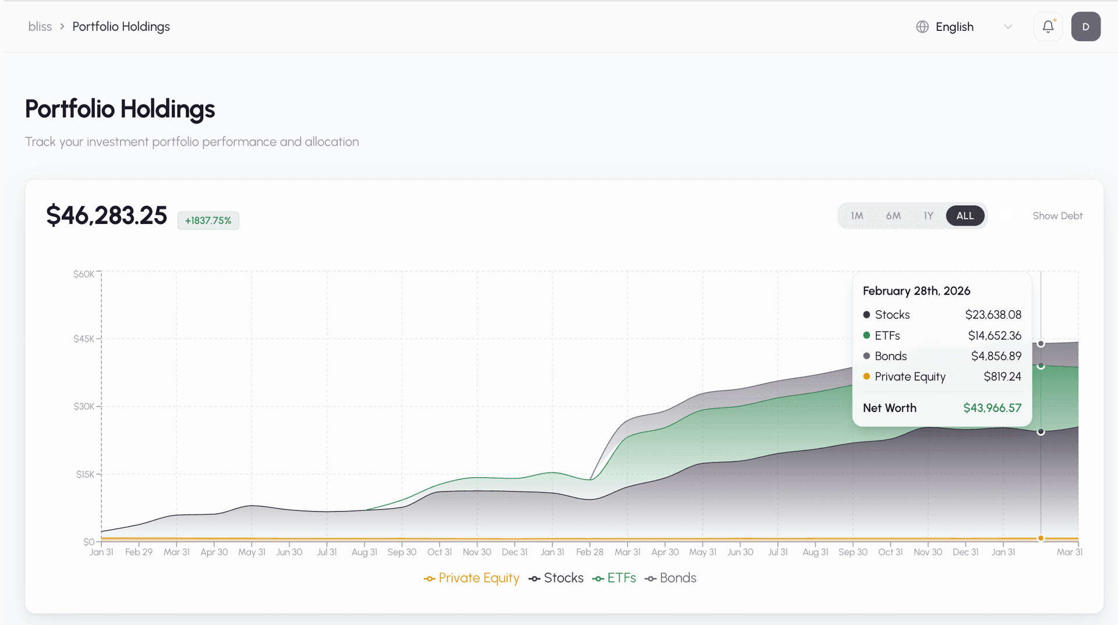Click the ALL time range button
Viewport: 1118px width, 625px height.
(965, 216)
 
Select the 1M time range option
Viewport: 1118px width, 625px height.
(857, 216)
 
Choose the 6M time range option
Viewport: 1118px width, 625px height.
(893, 216)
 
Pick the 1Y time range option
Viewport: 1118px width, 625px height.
(928, 216)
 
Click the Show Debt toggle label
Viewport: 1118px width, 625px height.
(1057, 216)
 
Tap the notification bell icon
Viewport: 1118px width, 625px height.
(1048, 27)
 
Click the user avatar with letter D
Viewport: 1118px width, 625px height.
(1085, 27)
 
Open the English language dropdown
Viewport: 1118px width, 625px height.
(964, 27)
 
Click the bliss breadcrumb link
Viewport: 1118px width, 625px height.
(40, 27)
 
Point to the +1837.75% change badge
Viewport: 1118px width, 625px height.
(208, 221)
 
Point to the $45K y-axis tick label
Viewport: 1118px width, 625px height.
(83, 339)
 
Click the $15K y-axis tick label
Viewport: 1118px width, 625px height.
(84, 474)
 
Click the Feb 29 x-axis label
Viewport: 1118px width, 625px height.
(139, 552)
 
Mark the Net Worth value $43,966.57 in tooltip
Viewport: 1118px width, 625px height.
(992, 408)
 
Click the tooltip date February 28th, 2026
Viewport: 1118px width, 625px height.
(916, 291)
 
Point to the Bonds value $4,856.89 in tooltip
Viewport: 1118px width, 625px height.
(996, 356)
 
